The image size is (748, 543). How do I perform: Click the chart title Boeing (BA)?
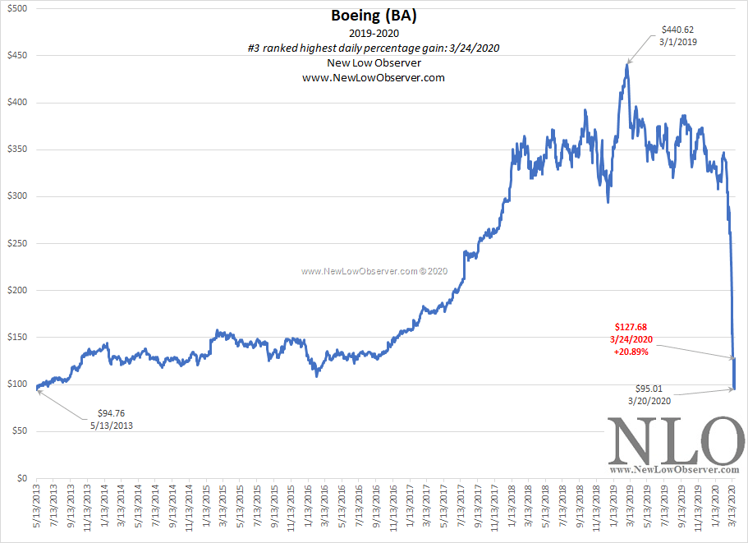tap(374, 16)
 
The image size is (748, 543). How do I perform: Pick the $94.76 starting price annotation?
tap(112, 413)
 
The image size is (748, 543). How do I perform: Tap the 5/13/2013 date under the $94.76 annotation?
tap(112, 426)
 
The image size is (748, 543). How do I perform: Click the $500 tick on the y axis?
tap(17, 8)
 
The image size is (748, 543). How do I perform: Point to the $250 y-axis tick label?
tap(17, 244)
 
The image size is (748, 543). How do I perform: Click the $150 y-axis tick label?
tap(17, 338)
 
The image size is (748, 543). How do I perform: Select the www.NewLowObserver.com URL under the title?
tap(374, 77)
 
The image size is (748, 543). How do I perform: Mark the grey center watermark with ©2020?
tap(374, 270)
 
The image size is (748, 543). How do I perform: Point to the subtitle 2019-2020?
tap(374, 34)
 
